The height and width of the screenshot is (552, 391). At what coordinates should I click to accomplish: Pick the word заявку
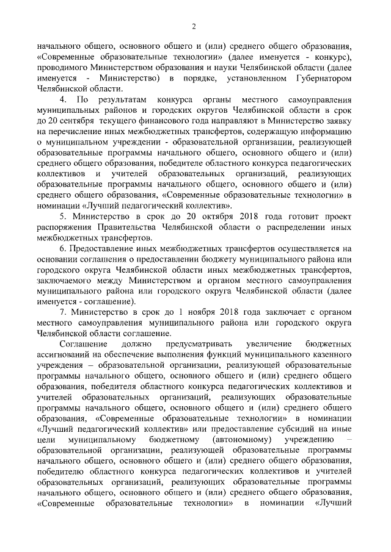click(339, 120)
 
